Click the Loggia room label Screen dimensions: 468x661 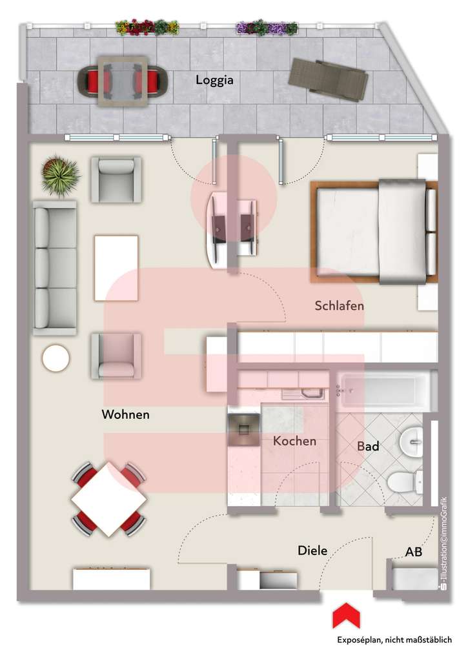[x=214, y=80]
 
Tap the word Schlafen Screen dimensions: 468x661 [x=340, y=305]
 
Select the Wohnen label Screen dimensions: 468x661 [x=126, y=414]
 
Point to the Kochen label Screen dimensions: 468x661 [x=295, y=441]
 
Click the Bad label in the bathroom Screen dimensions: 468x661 [x=368, y=446]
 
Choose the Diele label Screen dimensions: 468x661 [x=312, y=550]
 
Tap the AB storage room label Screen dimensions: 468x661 [x=414, y=551]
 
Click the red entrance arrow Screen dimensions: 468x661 [x=346, y=616]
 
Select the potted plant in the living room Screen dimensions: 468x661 [x=61, y=176]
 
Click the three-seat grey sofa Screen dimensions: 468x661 [x=56, y=268]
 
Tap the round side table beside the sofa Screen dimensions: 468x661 [x=56, y=358]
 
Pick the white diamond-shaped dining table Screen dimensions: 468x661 [x=109, y=499]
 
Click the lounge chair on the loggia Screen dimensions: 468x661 [x=328, y=79]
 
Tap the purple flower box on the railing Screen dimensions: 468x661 [x=267, y=27]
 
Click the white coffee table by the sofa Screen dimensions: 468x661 [x=116, y=268]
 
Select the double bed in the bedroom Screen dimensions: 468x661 [x=374, y=232]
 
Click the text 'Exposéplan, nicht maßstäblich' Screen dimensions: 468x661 [x=394, y=640]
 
